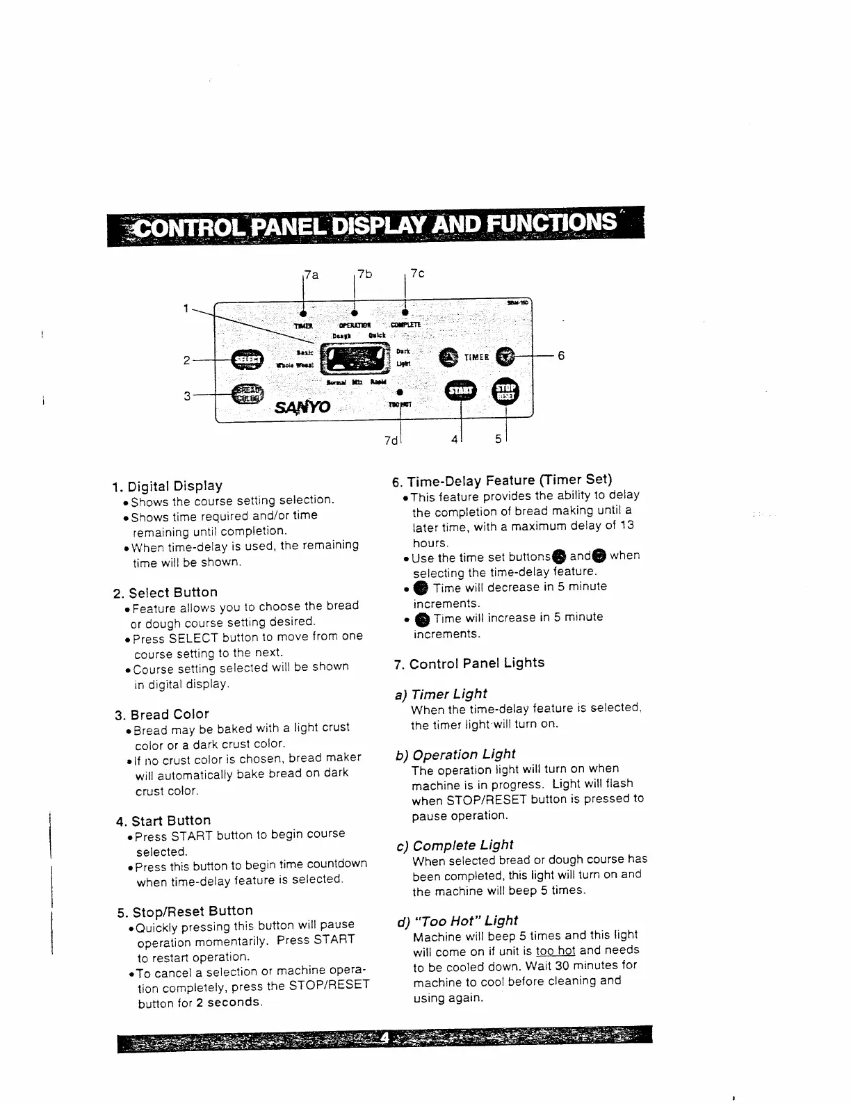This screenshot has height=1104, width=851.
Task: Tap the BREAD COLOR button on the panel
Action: (x=247, y=393)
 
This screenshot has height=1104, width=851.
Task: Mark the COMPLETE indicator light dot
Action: (x=405, y=312)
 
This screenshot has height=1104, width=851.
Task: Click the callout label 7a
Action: (x=311, y=275)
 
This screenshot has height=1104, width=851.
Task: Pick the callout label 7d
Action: (x=390, y=441)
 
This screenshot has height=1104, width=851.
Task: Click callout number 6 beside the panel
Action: (x=561, y=356)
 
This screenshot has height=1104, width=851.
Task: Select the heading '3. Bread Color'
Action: (x=162, y=714)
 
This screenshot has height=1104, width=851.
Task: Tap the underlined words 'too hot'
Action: (x=556, y=950)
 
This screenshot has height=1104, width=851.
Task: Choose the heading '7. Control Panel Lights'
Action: (x=469, y=663)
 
